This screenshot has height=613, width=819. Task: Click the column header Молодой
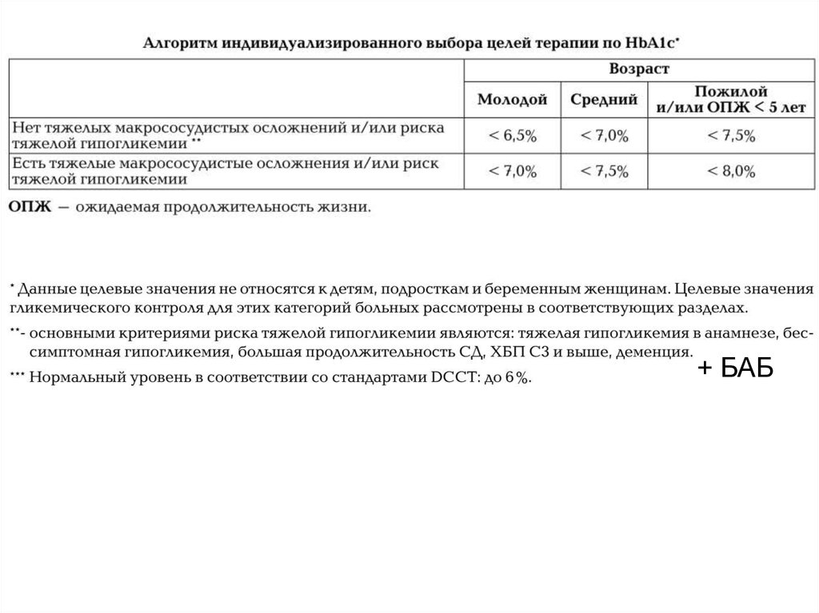coord(512,100)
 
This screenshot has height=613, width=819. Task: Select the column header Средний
coord(604,100)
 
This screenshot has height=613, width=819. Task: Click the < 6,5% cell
coord(512,136)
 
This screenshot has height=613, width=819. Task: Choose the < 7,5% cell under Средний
coord(604,171)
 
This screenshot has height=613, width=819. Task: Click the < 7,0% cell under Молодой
coord(512,171)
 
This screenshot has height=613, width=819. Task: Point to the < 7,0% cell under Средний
coord(604,136)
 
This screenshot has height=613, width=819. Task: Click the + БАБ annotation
coord(734,370)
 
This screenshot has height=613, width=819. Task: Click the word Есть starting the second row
coord(28,163)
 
